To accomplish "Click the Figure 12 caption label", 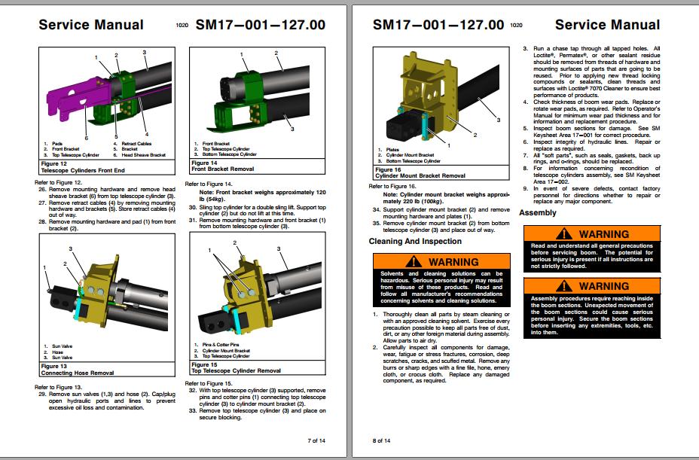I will (52, 163).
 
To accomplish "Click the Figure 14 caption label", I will (204, 163).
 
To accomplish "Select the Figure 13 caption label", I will (52, 366).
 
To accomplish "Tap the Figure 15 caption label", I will (204, 366).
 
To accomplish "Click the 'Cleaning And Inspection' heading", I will (415, 242).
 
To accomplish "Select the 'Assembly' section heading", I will (538, 213).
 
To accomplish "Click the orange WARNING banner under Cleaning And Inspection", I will (441, 261).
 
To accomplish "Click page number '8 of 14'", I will (382, 440).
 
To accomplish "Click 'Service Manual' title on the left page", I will (91, 24).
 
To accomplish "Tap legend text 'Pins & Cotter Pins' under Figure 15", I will (219, 344).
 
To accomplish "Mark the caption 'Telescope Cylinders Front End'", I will (83, 169).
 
